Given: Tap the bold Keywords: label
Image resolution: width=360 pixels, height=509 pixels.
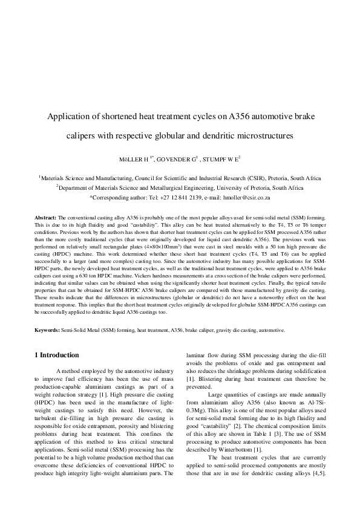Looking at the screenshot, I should (47, 331).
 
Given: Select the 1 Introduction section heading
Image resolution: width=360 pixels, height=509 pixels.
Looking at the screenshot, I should (65, 355).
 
